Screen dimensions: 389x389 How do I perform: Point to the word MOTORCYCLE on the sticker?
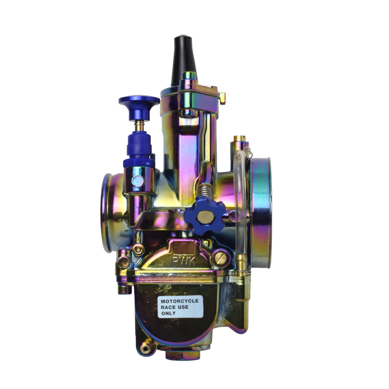click(x=180, y=301)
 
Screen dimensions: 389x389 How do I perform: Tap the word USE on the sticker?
click(x=183, y=307)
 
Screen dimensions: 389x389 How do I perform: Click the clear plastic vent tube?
click(x=244, y=202)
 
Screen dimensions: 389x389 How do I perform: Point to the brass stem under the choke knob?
click(x=139, y=126)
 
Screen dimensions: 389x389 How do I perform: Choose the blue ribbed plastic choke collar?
click(x=139, y=150)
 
